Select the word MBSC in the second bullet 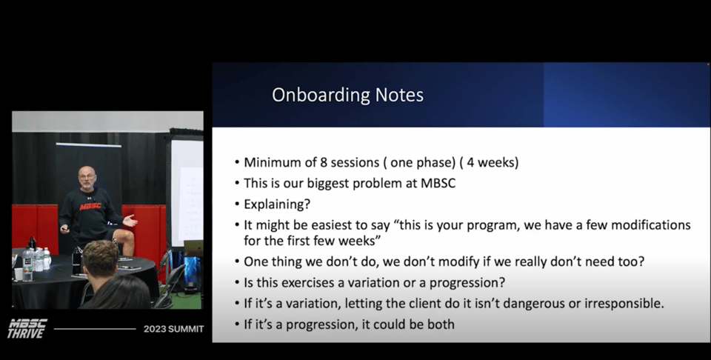tap(438, 183)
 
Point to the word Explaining tap(277, 204)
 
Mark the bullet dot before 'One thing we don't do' tap(237, 262)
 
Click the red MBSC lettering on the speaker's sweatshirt tap(90, 207)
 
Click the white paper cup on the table tap(19, 274)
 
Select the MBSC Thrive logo tap(27, 328)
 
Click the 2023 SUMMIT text tap(173, 329)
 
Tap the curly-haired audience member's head tap(100, 259)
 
